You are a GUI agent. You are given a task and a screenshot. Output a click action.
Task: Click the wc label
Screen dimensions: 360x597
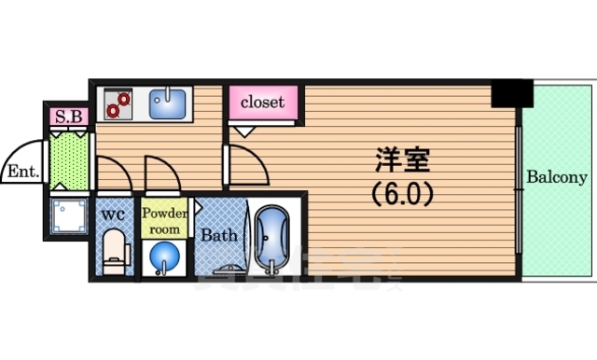point(113,215)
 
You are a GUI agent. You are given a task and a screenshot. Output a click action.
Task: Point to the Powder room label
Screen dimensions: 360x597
point(164,219)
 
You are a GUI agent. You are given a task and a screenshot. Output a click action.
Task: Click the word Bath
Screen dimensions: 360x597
point(219,235)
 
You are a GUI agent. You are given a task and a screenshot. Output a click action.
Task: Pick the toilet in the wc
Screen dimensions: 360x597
point(113,254)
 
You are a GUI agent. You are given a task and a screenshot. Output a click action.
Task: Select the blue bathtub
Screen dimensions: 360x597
point(272,238)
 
